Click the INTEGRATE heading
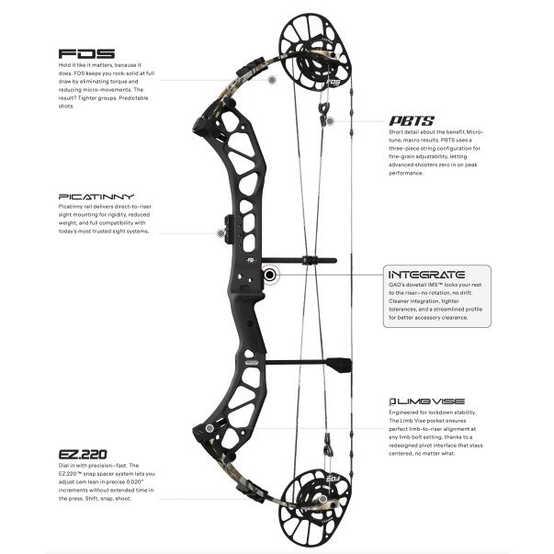pyautogui.click(x=428, y=275)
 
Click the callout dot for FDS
pyautogui.click(x=272, y=81)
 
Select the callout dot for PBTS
pyautogui.click(x=331, y=119)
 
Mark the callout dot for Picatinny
pyautogui.click(x=220, y=233)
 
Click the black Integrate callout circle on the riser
pyautogui.click(x=270, y=274)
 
